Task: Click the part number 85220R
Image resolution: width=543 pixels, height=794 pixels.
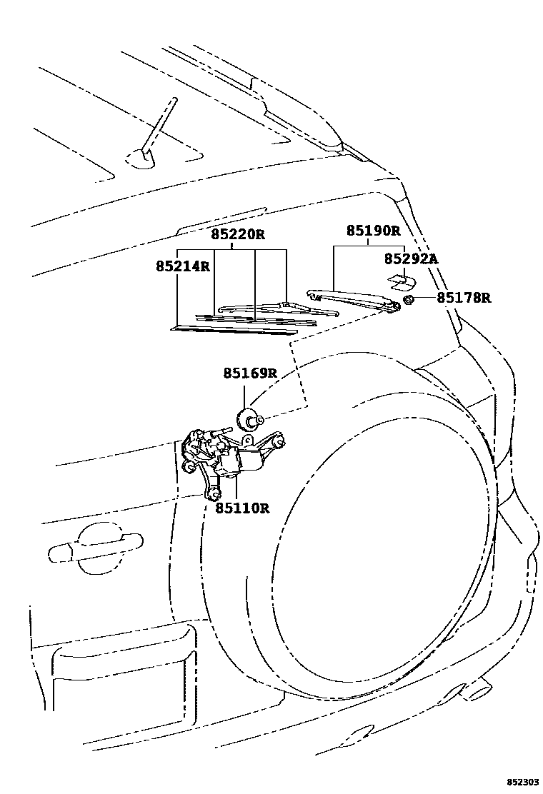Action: pos(237,233)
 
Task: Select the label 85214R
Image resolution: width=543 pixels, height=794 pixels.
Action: pos(183,266)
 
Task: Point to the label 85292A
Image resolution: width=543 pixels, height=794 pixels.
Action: pos(410,258)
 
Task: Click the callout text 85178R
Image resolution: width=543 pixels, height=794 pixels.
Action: pos(464,298)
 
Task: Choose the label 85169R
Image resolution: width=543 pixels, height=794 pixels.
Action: pos(249,373)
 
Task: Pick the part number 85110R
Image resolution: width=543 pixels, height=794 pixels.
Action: pos(243,508)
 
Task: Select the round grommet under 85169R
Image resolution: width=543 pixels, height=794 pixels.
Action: pos(248,418)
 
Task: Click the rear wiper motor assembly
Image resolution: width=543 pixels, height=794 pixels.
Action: pos(236,457)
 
